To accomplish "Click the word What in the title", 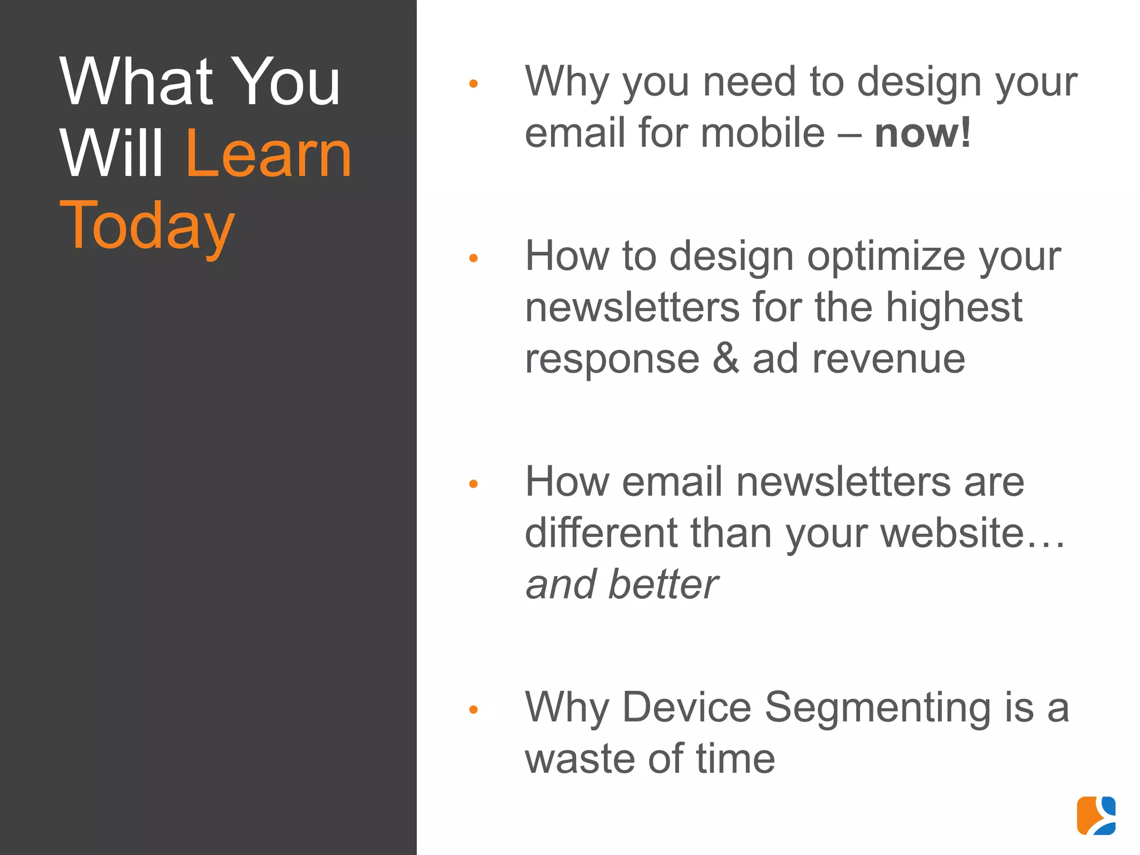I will click(x=137, y=82).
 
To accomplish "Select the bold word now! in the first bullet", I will click(x=922, y=133).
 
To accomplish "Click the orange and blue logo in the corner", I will click(x=1096, y=815).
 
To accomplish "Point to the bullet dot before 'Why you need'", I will click(x=474, y=84).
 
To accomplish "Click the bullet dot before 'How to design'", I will click(x=474, y=258).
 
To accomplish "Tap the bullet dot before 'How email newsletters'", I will click(x=474, y=484).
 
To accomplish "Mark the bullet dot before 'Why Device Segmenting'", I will click(x=474, y=710).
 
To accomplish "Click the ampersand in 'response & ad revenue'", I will click(x=726, y=359).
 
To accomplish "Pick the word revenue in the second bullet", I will click(x=888, y=360).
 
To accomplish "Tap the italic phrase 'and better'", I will click(x=622, y=584).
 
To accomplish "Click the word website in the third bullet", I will click(x=952, y=533).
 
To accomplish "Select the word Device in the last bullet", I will click(x=686, y=707).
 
